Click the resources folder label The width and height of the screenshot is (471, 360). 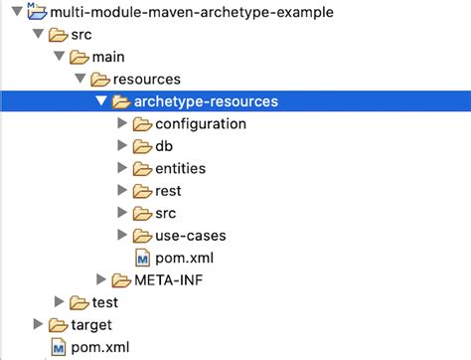(161, 79)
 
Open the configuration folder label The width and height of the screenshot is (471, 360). (201, 123)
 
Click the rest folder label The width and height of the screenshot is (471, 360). (169, 190)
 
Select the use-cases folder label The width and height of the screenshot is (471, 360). (191, 236)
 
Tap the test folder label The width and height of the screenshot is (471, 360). (105, 302)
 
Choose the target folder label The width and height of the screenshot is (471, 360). (91, 324)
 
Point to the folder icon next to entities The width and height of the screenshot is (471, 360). (141, 168)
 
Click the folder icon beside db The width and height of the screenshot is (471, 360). (141, 145)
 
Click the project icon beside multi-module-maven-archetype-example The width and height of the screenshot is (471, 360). (38, 12)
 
